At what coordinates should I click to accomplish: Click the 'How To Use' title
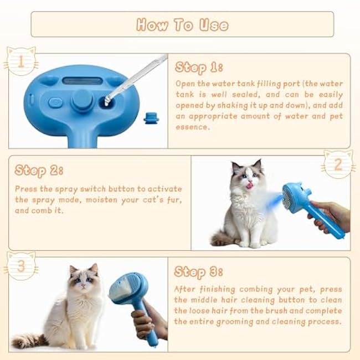pyautogui.click(x=182, y=24)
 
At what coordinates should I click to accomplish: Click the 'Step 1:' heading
pyautogui.click(x=199, y=68)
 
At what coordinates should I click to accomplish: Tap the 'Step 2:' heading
pyautogui.click(x=39, y=169)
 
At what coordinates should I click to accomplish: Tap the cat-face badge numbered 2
pyautogui.click(x=338, y=164)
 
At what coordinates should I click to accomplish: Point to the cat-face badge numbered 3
pyautogui.click(x=21, y=266)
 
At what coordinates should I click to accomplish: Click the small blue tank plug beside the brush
pyautogui.click(x=148, y=117)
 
